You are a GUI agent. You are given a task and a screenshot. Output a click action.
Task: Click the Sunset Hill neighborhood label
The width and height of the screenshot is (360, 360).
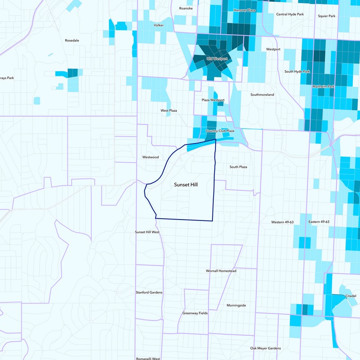(x=186, y=184)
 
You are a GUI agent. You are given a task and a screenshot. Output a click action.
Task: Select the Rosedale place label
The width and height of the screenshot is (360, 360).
(x=72, y=40)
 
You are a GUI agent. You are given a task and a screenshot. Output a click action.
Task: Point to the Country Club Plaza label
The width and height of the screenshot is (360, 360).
(x=220, y=131)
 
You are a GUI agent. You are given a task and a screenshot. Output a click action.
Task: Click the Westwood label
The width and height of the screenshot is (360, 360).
(x=150, y=157)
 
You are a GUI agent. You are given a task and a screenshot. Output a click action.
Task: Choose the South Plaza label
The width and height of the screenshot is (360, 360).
(x=238, y=167)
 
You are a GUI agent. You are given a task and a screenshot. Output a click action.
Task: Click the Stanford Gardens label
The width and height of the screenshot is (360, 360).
(x=149, y=292)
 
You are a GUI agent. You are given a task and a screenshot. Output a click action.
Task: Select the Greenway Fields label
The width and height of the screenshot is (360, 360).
(x=195, y=313)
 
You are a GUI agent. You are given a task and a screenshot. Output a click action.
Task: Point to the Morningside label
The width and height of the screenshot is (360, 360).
(x=236, y=305)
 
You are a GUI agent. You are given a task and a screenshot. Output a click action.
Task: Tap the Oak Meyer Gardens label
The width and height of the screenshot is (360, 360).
(x=265, y=348)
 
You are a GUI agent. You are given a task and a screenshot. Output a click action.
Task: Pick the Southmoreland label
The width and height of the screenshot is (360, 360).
(x=262, y=94)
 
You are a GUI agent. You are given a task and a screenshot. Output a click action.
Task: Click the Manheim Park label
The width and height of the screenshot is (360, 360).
(x=323, y=86)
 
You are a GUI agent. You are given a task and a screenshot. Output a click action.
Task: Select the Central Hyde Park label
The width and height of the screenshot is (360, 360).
(x=290, y=14)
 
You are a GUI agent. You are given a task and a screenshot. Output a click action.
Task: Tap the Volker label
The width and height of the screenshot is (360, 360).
(x=158, y=25)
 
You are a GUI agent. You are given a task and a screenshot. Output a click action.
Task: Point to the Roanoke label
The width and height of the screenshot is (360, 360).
(x=185, y=8)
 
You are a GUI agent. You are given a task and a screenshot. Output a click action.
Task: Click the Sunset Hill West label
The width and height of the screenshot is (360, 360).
(x=148, y=232)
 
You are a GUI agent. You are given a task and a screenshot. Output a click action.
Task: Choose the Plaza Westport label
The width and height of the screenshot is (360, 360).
(x=212, y=99)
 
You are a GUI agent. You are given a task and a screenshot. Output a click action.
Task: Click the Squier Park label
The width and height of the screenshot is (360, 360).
(x=326, y=16)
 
